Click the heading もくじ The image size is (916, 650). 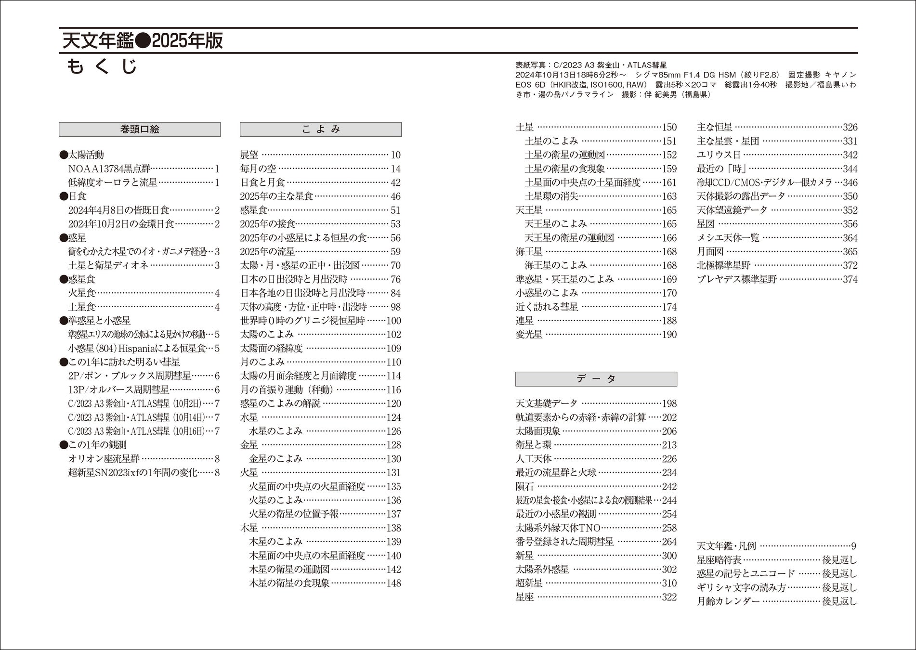point(102,66)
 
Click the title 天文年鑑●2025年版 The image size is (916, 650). point(143,41)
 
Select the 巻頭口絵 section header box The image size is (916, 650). point(140,129)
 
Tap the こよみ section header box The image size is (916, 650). point(321,129)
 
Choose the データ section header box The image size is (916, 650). point(596,379)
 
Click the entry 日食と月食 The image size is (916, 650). point(262,182)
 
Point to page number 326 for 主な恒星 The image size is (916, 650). point(850,127)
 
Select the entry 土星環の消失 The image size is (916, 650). point(551,196)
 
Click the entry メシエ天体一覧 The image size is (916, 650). point(728,238)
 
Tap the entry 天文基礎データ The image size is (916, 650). point(546,403)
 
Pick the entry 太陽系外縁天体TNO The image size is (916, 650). point(558,528)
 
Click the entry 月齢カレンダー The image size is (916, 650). point(728,601)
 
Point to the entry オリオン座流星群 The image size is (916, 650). point(104,459)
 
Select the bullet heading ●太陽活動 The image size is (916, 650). point(81,155)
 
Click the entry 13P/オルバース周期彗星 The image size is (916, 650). point(118,390)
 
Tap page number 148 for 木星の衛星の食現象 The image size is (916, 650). point(393,583)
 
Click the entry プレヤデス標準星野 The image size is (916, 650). point(736,279)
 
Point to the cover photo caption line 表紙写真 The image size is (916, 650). point(591,65)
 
